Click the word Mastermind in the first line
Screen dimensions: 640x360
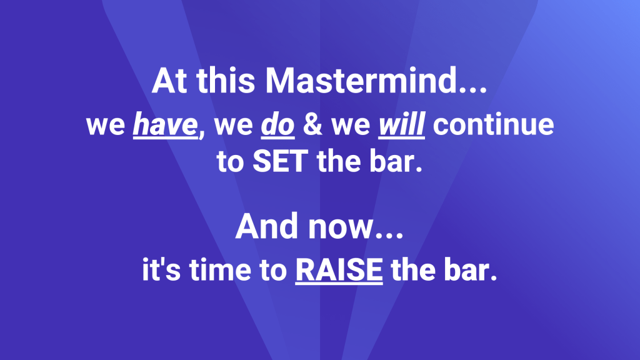[360, 81]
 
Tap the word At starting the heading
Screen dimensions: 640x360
[169, 81]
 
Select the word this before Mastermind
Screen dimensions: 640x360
[226, 81]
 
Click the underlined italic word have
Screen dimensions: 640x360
[166, 124]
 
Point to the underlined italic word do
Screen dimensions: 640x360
[277, 124]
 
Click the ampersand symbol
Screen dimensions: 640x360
[312, 124]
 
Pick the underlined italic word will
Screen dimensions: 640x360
[402, 124]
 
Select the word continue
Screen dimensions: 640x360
[494, 124]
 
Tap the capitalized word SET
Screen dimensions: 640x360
[281, 161]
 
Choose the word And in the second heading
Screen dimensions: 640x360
[266, 226]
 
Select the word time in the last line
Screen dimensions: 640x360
[221, 269]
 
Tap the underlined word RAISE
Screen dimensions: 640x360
[339, 270]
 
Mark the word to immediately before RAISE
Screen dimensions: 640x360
[273, 270]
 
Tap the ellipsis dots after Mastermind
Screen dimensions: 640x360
[471, 91]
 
